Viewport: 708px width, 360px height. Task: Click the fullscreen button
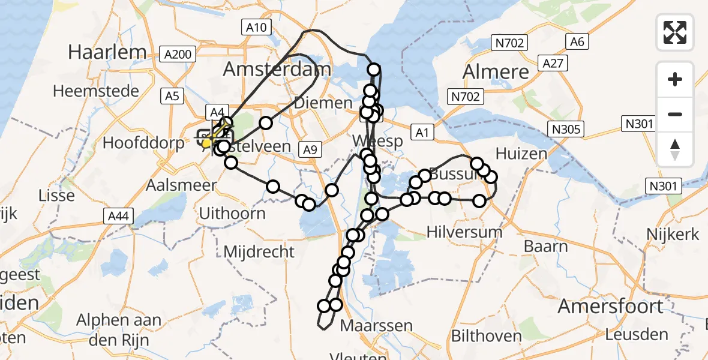click(x=675, y=32)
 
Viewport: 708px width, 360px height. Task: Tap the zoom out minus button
click(x=675, y=114)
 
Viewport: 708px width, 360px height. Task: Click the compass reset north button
click(x=675, y=149)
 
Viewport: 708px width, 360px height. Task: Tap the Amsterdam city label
click(x=277, y=69)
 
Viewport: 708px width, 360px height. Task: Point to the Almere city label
click(x=496, y=73)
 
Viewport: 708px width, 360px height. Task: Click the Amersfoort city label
click(x=610, y=307)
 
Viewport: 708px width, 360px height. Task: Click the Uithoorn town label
click(x=232, y=213)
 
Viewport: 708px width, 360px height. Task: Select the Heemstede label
click(x=96, y=91)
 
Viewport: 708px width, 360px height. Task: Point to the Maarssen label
click(x=376, y=326)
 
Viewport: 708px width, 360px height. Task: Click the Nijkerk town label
click(x=672, y=234)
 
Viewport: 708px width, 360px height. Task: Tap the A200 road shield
click(x=178, y=55)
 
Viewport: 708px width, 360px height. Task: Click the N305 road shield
click(x=566, y=129)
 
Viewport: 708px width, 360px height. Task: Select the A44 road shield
click(x=116, y=215)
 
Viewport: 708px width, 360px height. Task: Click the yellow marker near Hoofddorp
click(x=207, y=143)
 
